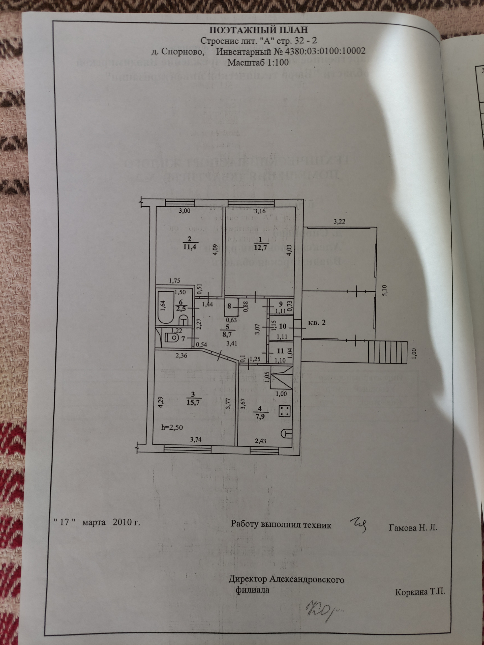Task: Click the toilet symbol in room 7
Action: point(173,338)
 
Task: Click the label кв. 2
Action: point(316,323)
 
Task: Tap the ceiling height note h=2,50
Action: point(172,428)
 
